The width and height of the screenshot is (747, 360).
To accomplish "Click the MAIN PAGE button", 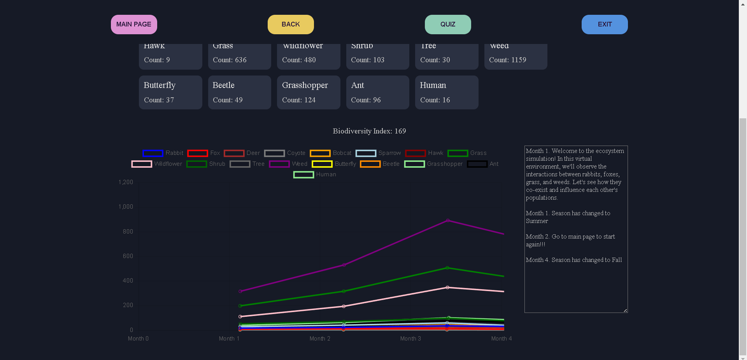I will point(134,25).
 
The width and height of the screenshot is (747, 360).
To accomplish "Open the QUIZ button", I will point(448,25).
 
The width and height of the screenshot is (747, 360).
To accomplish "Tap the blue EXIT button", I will point(605,25).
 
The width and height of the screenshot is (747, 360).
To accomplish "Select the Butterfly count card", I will point(170,92).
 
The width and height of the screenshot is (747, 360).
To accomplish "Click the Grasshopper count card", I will point(309,92).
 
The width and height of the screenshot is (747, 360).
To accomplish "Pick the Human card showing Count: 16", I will point(447,92).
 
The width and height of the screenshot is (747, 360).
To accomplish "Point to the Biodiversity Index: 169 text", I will point(369,131).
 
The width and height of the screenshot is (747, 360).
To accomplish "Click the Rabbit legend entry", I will point(163,153).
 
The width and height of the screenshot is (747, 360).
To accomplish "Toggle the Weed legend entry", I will point(288,164).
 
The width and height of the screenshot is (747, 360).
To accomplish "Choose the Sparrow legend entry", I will point(378,153).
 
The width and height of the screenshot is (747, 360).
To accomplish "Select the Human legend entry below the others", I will point(315,174).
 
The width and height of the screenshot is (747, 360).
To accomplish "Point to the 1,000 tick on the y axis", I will point(126,207).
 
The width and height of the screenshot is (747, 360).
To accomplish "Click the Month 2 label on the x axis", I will point(320,339).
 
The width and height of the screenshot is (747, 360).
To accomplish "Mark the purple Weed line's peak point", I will point(448,220).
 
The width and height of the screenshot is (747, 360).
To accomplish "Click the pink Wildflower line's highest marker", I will point(447,288).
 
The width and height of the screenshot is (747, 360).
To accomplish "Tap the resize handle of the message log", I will point(625,310).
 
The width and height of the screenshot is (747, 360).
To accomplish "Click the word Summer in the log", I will point(537,221).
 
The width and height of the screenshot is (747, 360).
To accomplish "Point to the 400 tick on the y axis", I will point(128,281).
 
